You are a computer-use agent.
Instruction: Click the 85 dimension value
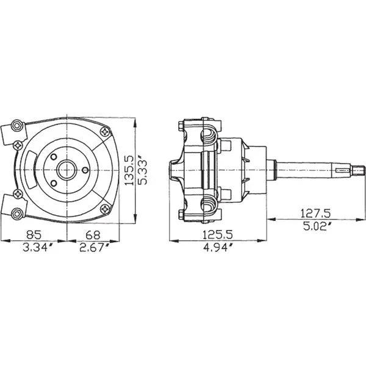pos(34,235)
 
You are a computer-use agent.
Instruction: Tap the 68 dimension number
pos(93,235)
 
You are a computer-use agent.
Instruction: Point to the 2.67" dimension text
pos(94,248)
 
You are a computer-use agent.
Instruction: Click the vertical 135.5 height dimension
pos(129,170)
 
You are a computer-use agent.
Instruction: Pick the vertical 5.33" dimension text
pos(143,172)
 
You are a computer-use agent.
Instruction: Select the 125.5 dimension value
pos(217,235)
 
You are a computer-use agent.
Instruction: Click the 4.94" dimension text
pos(218,248)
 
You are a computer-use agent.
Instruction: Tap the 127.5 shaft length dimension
pos(315,213)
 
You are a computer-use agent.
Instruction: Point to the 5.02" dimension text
pos(317,226)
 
